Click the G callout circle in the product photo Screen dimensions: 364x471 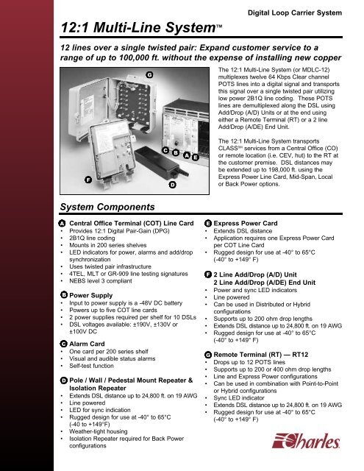[x=149, y=74]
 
